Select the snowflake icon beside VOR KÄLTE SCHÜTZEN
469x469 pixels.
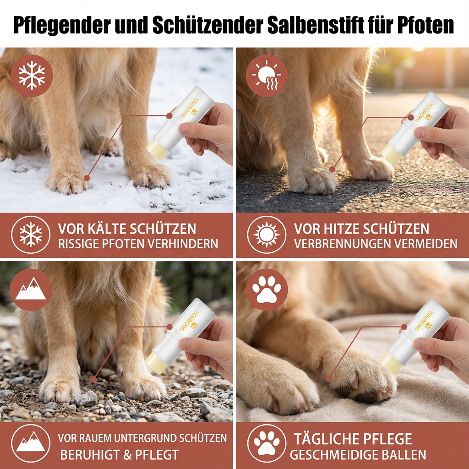31,235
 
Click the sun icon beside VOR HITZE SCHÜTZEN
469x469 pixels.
266,235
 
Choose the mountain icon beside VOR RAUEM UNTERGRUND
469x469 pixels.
31,443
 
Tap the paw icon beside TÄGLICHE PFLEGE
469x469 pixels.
266,443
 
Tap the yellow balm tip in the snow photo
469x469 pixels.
156,149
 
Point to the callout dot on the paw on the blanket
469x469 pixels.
328,378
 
